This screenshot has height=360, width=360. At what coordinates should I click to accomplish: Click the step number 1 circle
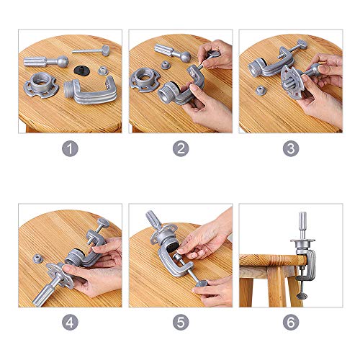point(70,149)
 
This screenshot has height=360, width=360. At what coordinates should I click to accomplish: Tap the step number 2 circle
point(181,149)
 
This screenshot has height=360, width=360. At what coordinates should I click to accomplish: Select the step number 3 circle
point(291,149)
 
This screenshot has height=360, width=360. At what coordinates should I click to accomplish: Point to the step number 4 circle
point(70,322)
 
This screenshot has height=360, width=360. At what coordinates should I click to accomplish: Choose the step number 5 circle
point(181,322)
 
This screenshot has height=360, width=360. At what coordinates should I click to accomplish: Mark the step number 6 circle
point(291,322)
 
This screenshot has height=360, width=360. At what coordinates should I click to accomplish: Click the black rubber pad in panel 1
point(81,70)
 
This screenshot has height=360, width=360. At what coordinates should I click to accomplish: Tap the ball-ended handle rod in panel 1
point(45,62)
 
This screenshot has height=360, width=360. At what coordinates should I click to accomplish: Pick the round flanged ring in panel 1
point(41,85)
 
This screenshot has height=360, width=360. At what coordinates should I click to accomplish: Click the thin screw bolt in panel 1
point(91,50)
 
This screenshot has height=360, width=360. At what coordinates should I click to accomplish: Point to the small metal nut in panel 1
point(103,71)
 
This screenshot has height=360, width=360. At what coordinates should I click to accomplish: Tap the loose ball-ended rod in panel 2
point(171,53)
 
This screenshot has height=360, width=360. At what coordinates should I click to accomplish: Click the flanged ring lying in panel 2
point(145,80)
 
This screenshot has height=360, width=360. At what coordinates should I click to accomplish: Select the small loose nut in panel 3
point(261,91)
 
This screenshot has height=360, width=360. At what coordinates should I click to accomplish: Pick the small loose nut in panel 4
point(38,258)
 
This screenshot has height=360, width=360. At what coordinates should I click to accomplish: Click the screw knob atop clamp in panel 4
point(103,222)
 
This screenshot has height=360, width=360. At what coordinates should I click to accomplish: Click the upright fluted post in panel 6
point(302,225)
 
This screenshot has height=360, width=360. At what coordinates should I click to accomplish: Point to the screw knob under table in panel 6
point(302,297)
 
